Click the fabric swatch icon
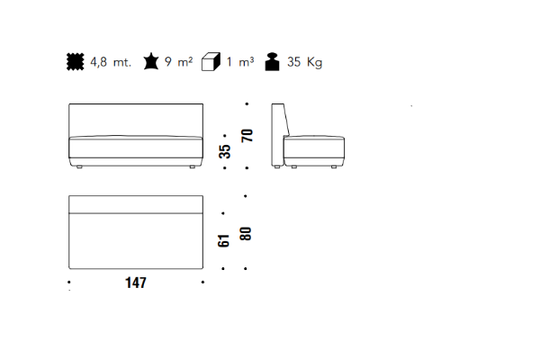(x=75, y=62)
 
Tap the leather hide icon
(x=151, y=61)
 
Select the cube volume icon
(x=211, y=62)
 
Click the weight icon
(x=272, y=62)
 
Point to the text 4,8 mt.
(x=111, y=62)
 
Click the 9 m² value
(x=178, y=62)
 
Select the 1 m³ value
(x=240, y=62)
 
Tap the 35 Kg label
(x=305, y=62)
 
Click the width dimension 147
(x=136, y=283)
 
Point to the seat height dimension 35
(x=224, y=151)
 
